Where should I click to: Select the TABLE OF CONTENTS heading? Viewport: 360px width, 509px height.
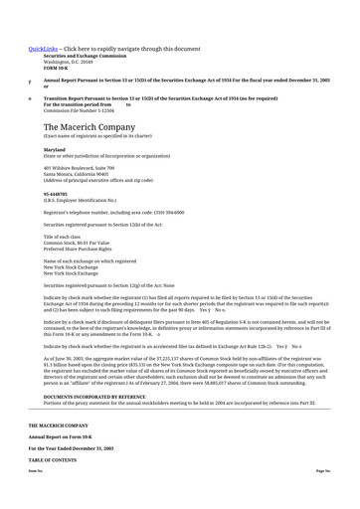(x=56, y=460)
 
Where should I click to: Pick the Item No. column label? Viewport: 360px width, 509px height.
(x=36, y=469)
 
